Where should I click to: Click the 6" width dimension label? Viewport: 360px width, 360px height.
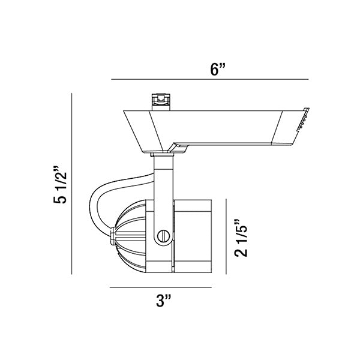[x=218, y=70]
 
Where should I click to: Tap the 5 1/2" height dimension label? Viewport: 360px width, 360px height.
[x=60, y=184]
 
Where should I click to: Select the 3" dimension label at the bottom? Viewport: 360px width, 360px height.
[x=163, y=301]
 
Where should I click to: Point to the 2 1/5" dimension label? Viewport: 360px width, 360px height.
[x=241, y=238]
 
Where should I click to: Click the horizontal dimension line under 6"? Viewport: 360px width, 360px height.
[x=210, y=79]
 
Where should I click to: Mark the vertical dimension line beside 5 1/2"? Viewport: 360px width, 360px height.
[x=71, y=184]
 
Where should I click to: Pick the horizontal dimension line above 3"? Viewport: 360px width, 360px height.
[x=161, y=287]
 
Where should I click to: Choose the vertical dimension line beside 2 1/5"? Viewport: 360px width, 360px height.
[x=226, y=236]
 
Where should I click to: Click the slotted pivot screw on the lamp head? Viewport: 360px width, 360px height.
[x=163, y=236]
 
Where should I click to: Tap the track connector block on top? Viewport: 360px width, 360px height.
[x=161, y=102]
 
